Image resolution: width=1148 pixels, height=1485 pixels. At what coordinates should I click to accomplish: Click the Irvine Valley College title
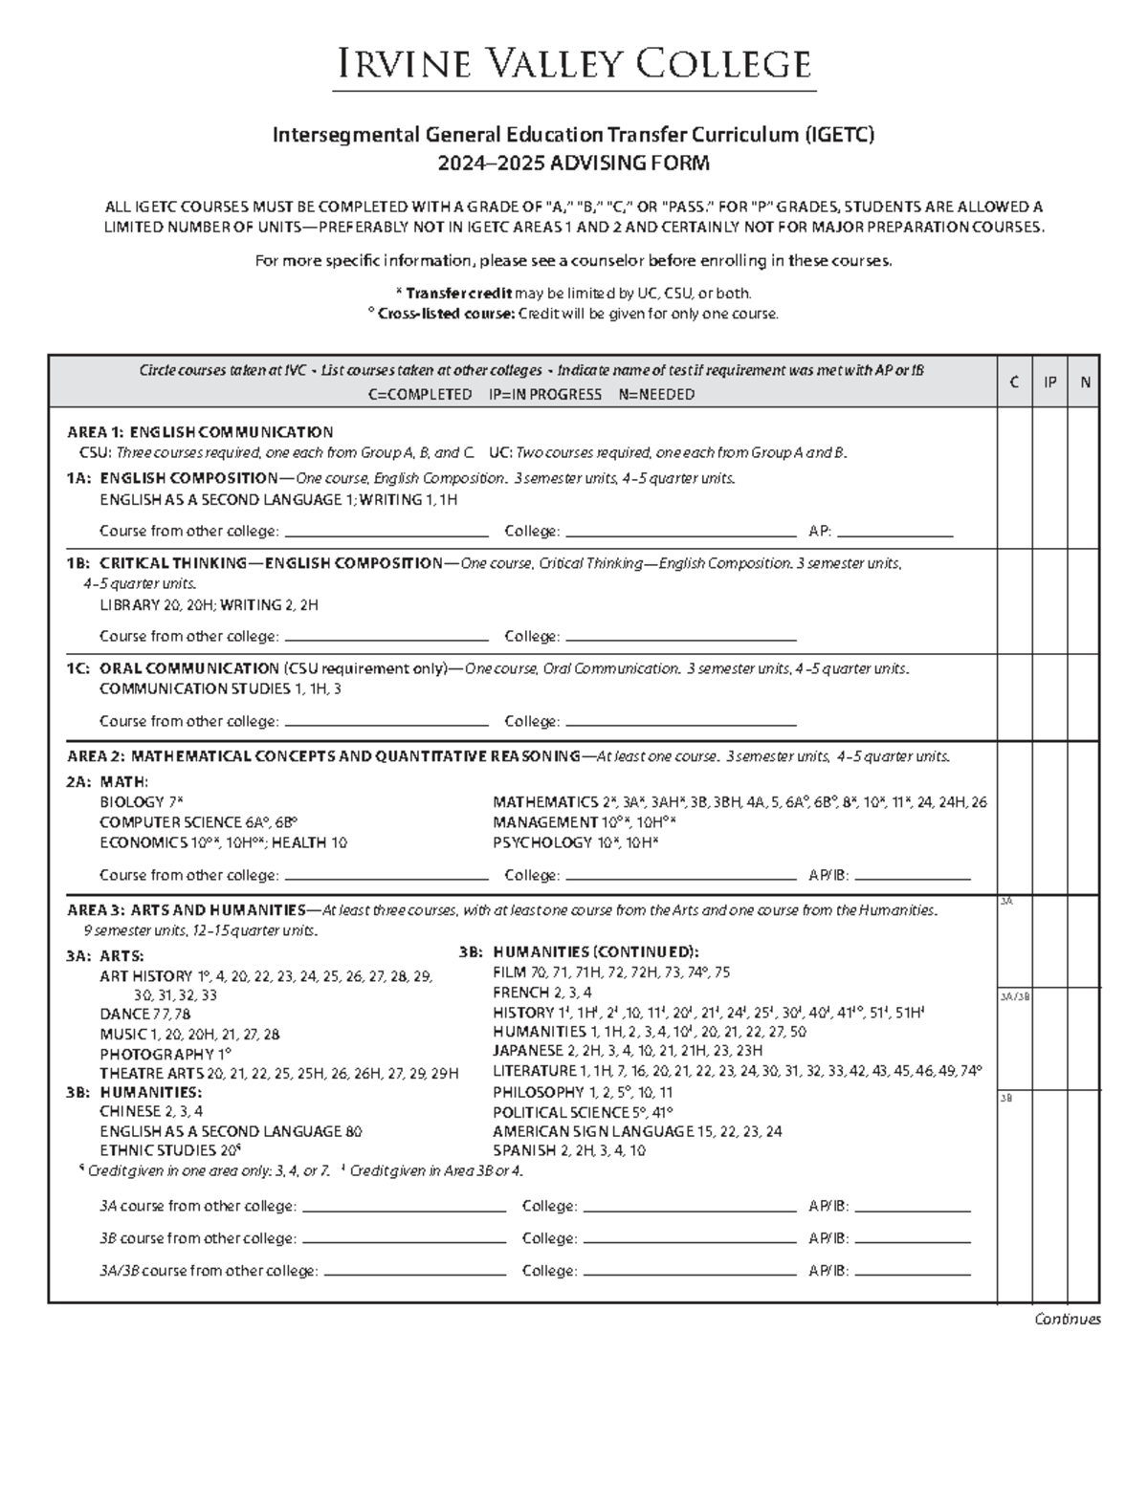tap(574, 64)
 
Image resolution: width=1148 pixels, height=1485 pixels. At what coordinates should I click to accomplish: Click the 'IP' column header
tap(1049, 382)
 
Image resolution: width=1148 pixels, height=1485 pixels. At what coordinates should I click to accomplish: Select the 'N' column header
tap(1085, 382)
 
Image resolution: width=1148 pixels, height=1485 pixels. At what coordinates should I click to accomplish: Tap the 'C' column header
tap(1014, 382)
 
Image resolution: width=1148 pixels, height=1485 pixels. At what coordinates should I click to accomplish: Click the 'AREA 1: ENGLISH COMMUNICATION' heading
tap(200, 432)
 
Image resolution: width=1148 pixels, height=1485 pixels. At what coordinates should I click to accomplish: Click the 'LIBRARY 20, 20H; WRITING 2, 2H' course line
tap(209, 605)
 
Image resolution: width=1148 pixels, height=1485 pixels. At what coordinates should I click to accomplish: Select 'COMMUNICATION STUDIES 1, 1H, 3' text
tap(220, 688)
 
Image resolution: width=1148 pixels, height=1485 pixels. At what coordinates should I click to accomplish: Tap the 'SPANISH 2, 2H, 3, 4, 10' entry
tap(569, 1150)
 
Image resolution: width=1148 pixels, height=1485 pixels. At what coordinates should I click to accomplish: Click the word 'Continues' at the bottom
tap(1068, 1320)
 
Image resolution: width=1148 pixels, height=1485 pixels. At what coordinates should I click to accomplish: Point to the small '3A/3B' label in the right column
tap(1013, 996)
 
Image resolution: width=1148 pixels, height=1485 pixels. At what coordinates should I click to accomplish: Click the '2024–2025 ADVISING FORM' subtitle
tap(574, 164)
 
